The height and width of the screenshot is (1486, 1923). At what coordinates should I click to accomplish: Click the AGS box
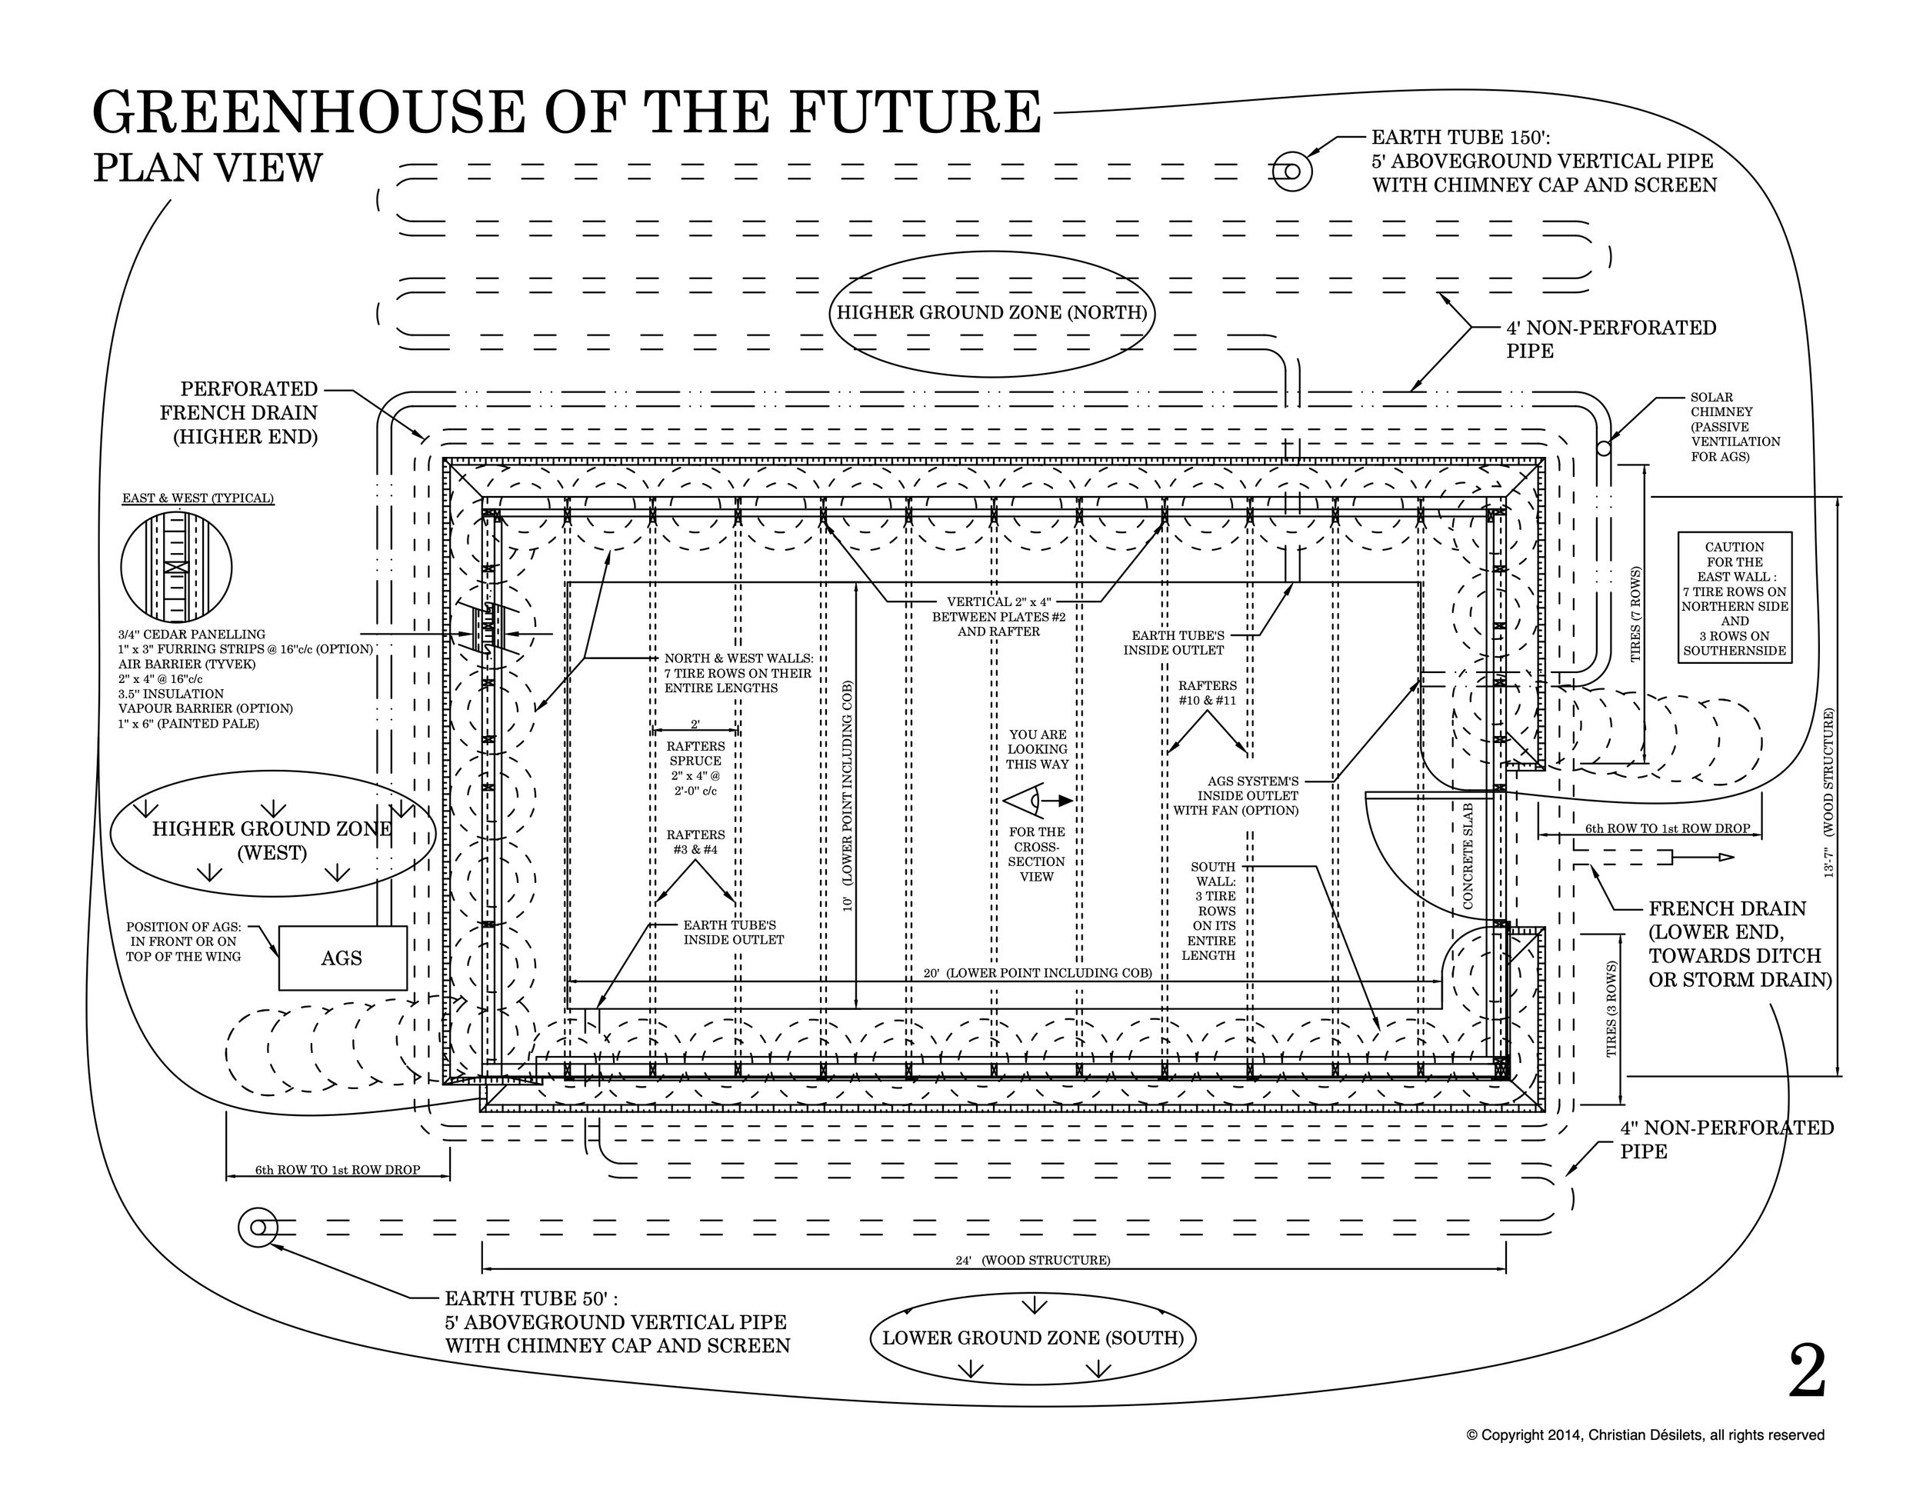342,958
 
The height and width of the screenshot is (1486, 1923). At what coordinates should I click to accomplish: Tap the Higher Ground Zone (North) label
991,312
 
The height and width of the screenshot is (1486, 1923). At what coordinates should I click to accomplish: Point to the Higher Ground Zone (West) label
272,841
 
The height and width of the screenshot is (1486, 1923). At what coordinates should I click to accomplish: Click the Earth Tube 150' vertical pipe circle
1290,171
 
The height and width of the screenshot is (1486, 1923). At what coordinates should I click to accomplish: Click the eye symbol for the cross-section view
1023,801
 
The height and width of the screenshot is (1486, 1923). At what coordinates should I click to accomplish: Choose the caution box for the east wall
1734,598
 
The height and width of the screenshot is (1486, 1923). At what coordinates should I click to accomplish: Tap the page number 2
1807,1371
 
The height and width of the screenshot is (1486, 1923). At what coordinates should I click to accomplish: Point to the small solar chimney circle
1603,448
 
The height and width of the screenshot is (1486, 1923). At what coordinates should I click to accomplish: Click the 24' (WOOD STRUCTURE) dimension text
1032,1260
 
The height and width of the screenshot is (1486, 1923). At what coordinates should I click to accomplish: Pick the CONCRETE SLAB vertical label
1468,855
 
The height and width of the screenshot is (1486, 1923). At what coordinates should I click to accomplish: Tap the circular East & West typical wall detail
176,567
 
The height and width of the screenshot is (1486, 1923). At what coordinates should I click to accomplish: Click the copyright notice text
1645,1435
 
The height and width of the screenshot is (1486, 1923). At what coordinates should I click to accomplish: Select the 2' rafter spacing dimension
695,725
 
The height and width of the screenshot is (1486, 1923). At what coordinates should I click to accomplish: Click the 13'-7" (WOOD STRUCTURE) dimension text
1829,792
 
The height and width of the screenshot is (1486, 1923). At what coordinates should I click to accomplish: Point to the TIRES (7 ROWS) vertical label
1635,614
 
